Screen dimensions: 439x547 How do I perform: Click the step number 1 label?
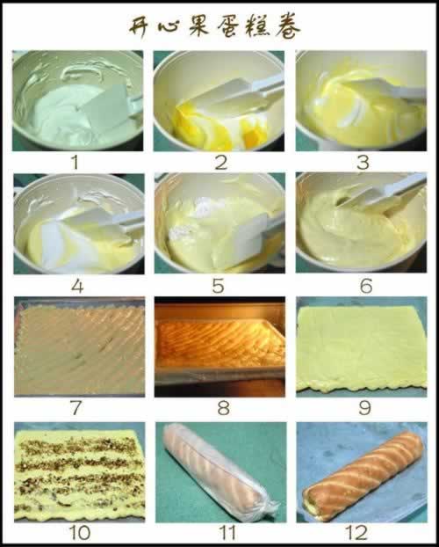[x=75, y=163]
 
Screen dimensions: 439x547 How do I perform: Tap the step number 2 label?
[x=221, y=163]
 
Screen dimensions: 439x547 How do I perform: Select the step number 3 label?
[x=363, y=163]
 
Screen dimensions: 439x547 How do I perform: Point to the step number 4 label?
[x=77, y=287]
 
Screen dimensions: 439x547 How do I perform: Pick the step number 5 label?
[x=218, y=287]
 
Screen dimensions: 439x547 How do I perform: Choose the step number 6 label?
[x=366, y=287]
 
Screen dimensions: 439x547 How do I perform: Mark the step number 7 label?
[x=76, y=407]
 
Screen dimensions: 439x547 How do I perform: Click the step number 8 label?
[x=223, y=407]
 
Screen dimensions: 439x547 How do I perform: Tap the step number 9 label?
[x=364, y=407]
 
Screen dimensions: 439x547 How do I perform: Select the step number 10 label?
[x=80, y=533]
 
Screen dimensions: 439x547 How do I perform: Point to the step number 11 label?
[x=227, y=533]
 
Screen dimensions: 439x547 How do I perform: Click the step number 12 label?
[x=356, y=533]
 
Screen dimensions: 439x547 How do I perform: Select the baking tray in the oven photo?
[x=219, y=349]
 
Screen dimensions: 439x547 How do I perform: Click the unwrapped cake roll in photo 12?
[x=363, y=475]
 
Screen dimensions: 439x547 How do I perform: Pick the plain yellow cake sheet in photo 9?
[x=362, y=348]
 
